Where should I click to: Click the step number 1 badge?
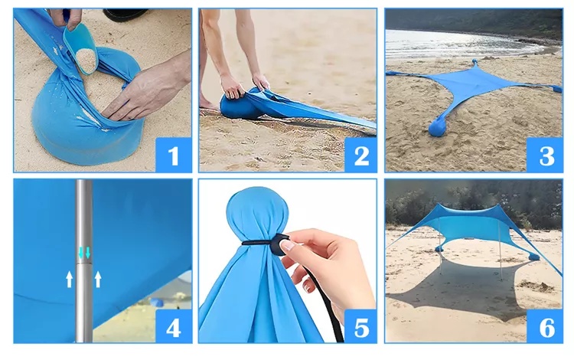(x=174, y=155)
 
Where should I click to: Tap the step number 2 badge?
(x=360, y=155)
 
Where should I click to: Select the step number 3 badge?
(x=545, y=155)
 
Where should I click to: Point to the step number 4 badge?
(x=174, y=326)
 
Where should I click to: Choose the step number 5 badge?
(x=360, y=326)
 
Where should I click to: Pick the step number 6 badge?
(x=545, y=326)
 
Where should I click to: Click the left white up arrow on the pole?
(x=69, y=279)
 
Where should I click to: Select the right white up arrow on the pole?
(x=98, y=279)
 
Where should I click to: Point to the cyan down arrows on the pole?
(x=84, y=252)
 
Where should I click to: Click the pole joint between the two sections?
(x=84, y=262)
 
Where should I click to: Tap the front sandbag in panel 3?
(x=439, y=126)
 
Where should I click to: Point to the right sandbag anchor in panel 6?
(x=533, y=257)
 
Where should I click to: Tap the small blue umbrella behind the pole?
(x=157, y=302)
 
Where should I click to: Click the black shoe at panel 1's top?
(x=126, y=15)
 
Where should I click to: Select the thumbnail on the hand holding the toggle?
(x=289, y=245)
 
